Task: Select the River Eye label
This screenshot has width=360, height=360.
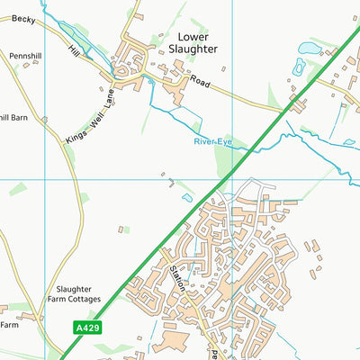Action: pos(212,141)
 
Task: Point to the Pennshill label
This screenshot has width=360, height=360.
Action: pos(25,56)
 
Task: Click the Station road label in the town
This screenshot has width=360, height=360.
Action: pos(176,278)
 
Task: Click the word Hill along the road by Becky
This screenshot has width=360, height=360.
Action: pos(74,54)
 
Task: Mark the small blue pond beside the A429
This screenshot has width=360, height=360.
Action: pos(186,197)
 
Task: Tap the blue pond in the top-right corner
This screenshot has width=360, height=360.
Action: pos(309,47)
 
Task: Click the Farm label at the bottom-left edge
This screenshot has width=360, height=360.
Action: pos(9,324)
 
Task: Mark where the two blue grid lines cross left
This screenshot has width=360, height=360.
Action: pos(46,179)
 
